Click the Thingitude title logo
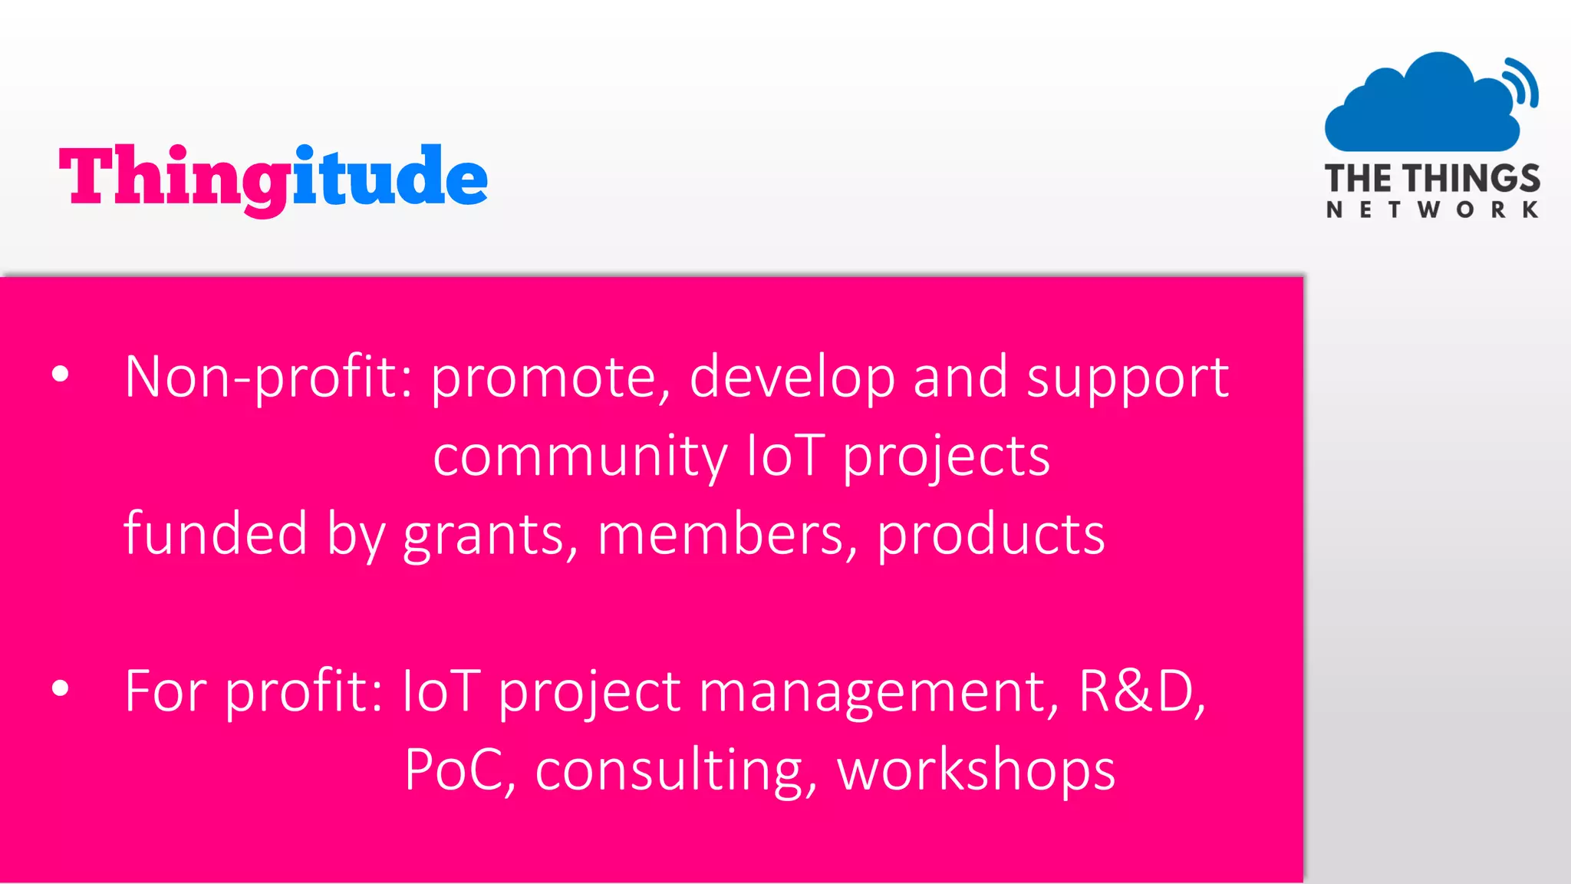(273, 178)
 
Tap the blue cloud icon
(1423, 104)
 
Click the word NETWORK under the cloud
(1432, 209)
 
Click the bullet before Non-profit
(61, 375)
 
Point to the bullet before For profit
(61, 688)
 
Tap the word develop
(792, 378)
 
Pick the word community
(580, 457)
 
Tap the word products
(990, 536)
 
